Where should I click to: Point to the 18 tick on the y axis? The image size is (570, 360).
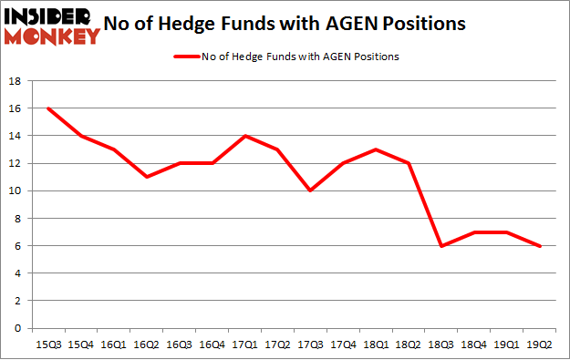[15, 81]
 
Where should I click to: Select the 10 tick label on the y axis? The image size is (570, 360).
[15, 190]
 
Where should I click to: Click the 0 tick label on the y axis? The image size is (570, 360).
[17, 328]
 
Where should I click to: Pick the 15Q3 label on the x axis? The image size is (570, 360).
[47, 344]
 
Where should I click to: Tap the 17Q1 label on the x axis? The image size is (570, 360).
[244, 344]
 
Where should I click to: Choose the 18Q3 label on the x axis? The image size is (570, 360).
[440, 344]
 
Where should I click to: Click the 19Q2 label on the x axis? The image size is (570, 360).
[539, 344]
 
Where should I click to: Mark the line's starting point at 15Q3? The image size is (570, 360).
[47, 108]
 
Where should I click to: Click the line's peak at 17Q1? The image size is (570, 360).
[244, 136]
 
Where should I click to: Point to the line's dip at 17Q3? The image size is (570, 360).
[309, 190]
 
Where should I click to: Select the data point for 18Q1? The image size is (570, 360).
[375, 149]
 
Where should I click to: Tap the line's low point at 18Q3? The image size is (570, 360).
[440, 245]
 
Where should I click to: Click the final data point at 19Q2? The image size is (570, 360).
[539, 245]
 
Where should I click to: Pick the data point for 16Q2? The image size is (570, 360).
[146, 177]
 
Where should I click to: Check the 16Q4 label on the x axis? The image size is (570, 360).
[212, 344]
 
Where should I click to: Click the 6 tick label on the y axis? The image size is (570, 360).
[17, 245]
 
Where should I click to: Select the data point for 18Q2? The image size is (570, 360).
[408, 163]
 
